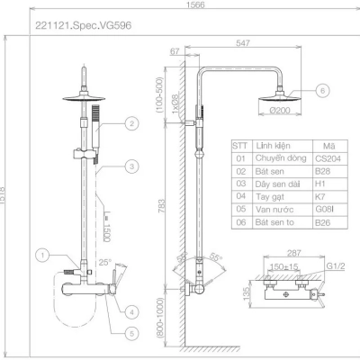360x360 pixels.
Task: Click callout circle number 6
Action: [x=323, y=88]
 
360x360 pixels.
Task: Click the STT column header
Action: [x=239, y=144]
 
